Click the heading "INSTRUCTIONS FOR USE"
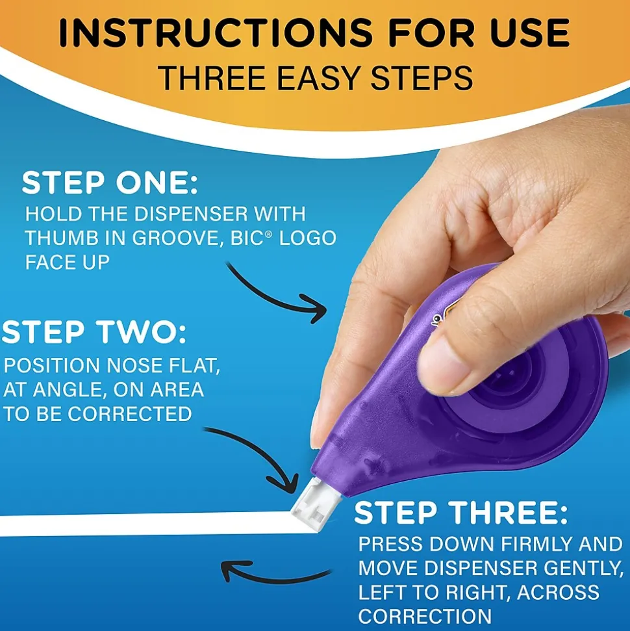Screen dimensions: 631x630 (x=315, y=33)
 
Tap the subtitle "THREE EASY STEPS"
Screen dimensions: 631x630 (x=315, y=78)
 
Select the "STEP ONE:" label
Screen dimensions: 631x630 (x=110, y=184)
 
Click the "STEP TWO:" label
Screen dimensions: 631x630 (x=94, y=333)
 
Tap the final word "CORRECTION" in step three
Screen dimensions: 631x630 (x=425, y=615)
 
